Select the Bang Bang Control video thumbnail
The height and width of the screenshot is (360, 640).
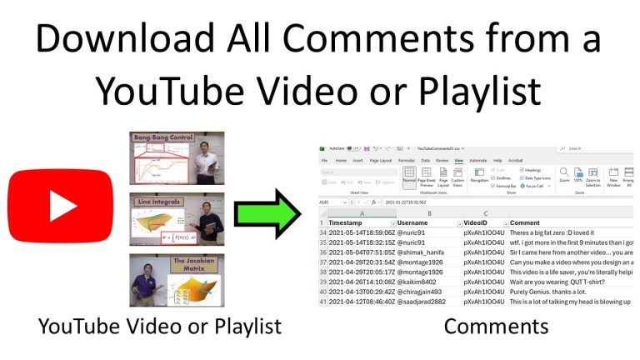coord(176,157)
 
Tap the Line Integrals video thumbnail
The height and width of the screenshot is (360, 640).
coord(176,219)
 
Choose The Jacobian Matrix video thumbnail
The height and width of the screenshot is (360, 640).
coord(176,280)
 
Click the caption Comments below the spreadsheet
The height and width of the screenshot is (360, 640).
coord(496,326)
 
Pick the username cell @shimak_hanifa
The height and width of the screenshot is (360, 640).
coord(423,252)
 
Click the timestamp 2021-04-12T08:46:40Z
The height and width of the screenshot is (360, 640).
coord(361,302)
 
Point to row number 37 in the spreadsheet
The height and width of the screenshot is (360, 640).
coord(322,262)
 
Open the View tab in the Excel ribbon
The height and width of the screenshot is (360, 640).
coord(458,159)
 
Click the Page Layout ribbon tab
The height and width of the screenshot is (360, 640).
coord(381,159)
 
